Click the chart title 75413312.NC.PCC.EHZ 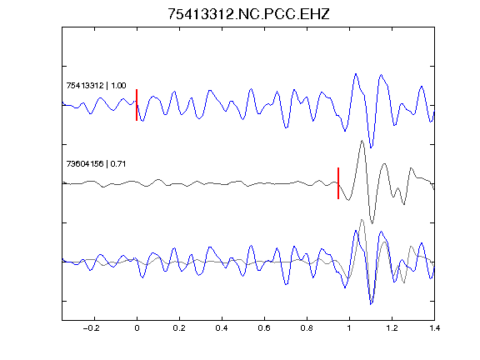coord(248,14)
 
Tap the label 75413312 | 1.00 coord(96,85)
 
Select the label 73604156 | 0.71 coord(96,164)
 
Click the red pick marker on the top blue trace coord(137,105)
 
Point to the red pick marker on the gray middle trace coord(338,183)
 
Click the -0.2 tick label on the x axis coord(92,328)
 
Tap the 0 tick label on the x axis coord(137,328)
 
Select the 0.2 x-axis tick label coord(179,328)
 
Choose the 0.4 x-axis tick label coord(222,328)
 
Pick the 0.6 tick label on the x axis coord(264,328)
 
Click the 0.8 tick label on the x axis coord(307,328)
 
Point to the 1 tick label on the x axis coord(349,328)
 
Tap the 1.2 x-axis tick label coord(392,328)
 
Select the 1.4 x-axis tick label coord(434,328)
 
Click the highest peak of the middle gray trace coord(362,141)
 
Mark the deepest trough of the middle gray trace coord(372,223)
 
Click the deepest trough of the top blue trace coord(371,147)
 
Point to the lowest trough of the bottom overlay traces coord(371,304)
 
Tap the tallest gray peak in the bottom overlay coord(362,219)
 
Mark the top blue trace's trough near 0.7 coord(286,127)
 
